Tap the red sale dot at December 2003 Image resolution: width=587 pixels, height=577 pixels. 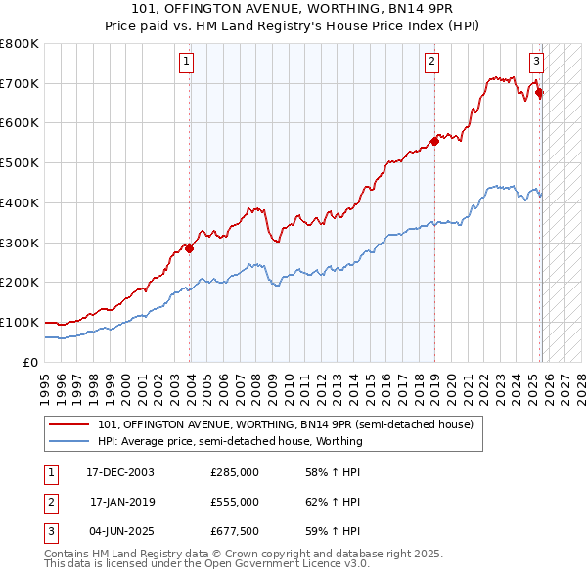(190, 248)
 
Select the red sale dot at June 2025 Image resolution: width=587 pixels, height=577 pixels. (540, 93)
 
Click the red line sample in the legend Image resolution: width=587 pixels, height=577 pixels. (68, 424)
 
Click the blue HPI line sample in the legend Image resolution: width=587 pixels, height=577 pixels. (68, 441)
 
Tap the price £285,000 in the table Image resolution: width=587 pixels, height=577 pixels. (235, 472)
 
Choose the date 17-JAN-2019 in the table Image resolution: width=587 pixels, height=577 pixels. (121, 502)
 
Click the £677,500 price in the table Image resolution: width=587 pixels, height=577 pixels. (235, 531)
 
